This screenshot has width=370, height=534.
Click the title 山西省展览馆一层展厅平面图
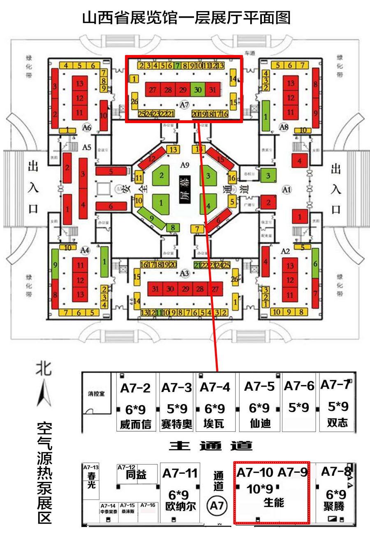(x=186, y=18)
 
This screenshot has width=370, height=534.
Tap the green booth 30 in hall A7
(x=198, y=89)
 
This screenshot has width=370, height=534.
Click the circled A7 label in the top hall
(x=185, y=105)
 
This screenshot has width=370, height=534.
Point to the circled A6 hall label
(x=86, y=127)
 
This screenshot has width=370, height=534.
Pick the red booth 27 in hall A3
(x=215, y=289)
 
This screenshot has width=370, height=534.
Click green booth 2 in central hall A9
(x=162, y=176)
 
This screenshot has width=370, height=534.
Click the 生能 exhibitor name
(x=273, y=502)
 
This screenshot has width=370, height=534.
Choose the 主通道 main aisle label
(x=211, y=446)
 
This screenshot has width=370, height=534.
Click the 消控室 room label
(x=96, y=393)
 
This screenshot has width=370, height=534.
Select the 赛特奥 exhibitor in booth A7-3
(x=176, y=424)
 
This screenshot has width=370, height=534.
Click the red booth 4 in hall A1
(x=299, y=160)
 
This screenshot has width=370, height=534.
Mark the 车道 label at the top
(x=250, y=53)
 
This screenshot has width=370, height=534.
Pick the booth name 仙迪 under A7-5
(x=260, y=423)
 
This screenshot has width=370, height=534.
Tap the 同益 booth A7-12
(x=136, y=474)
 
